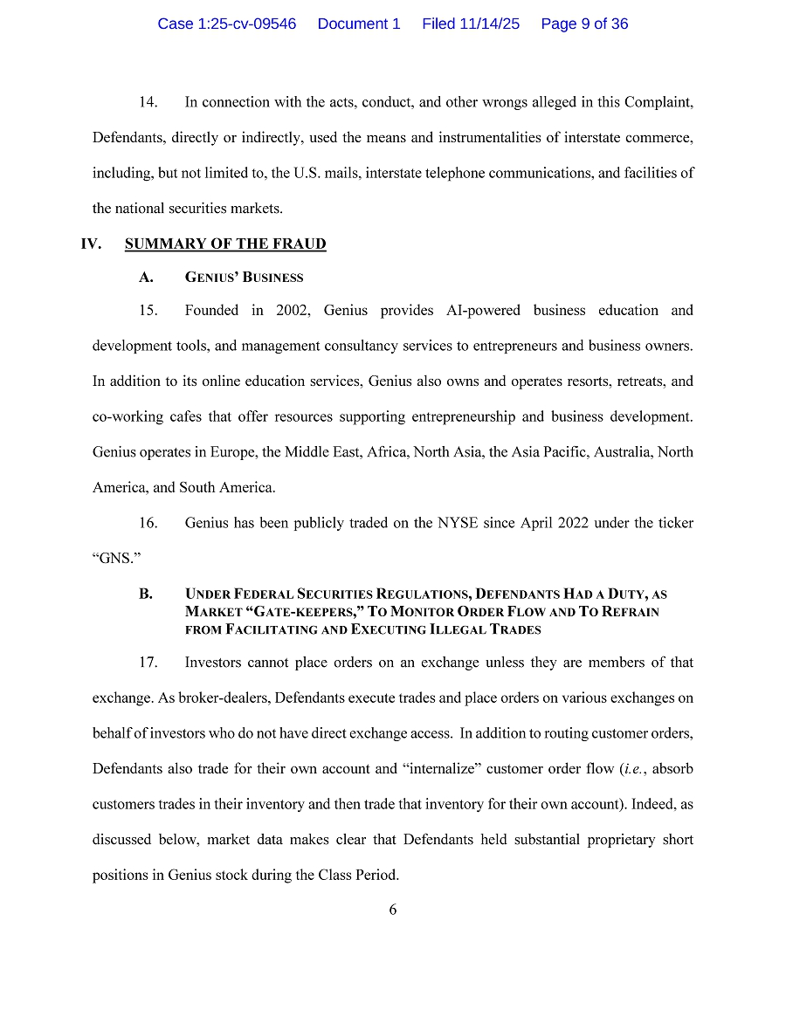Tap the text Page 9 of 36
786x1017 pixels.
pyautogui.click(x=584, y=24)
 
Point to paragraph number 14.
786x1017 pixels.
pyautogui.click(x=148, y=102)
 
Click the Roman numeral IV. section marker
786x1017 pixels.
pyautogui.click(x=92, y=244)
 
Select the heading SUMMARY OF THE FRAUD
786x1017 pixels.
pyautogui.click(x=225, y=244)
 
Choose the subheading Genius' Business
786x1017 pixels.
pyautogui.click(x=245, y=278)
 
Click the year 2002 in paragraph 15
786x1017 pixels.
pyautogui.click(x=293, y=311)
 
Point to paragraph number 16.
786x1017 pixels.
pyautogui.click(x=148, y=523)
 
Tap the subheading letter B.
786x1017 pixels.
pyautogui.click(x=146, y=594)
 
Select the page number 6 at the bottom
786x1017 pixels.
pyautogui.click(x=393, y=910)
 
